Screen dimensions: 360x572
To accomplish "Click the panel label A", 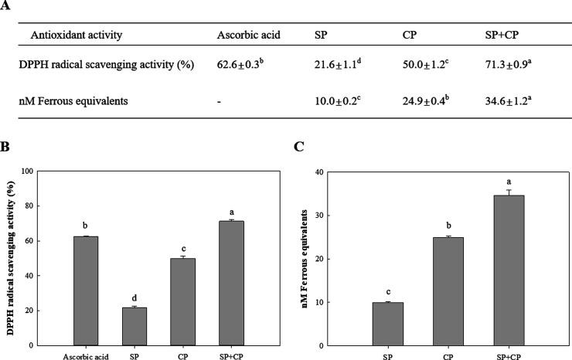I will [x=6, y=6].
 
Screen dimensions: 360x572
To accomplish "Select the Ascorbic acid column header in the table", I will [x=247, y=36].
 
